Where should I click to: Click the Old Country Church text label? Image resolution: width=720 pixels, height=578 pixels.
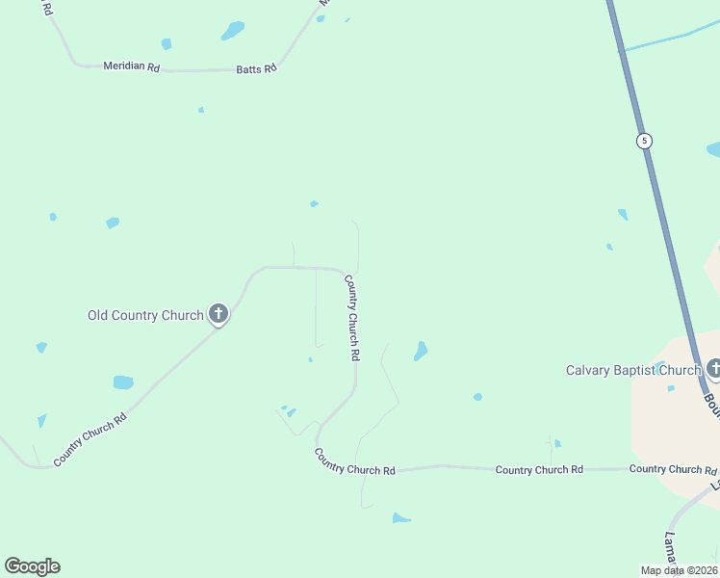pos(145,315)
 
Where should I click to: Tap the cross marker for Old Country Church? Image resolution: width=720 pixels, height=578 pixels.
pos(219,312)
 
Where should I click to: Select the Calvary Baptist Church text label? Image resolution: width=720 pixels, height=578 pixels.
pos(632,370)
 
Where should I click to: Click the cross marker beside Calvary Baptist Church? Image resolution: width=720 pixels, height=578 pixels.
pos(714,367)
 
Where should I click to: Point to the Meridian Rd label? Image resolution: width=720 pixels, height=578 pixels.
pos(131,66)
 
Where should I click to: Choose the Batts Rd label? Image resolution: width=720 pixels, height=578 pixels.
pos(256,68)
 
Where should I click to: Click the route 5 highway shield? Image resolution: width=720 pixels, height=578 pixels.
pos(644,141)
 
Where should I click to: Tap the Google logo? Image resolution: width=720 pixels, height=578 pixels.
pos(32,566)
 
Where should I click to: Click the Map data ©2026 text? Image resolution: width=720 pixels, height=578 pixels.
pos(679,570)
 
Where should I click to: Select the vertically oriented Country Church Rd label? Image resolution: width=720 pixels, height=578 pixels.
pos(352,318)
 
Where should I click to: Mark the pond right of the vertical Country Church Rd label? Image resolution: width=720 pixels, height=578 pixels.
pos(421,351)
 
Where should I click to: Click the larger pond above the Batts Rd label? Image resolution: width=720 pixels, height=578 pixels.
pos(233,32)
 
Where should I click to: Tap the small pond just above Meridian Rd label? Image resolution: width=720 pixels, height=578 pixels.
pos(167,44)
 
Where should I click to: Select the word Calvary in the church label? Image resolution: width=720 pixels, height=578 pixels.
pos(587,370)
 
